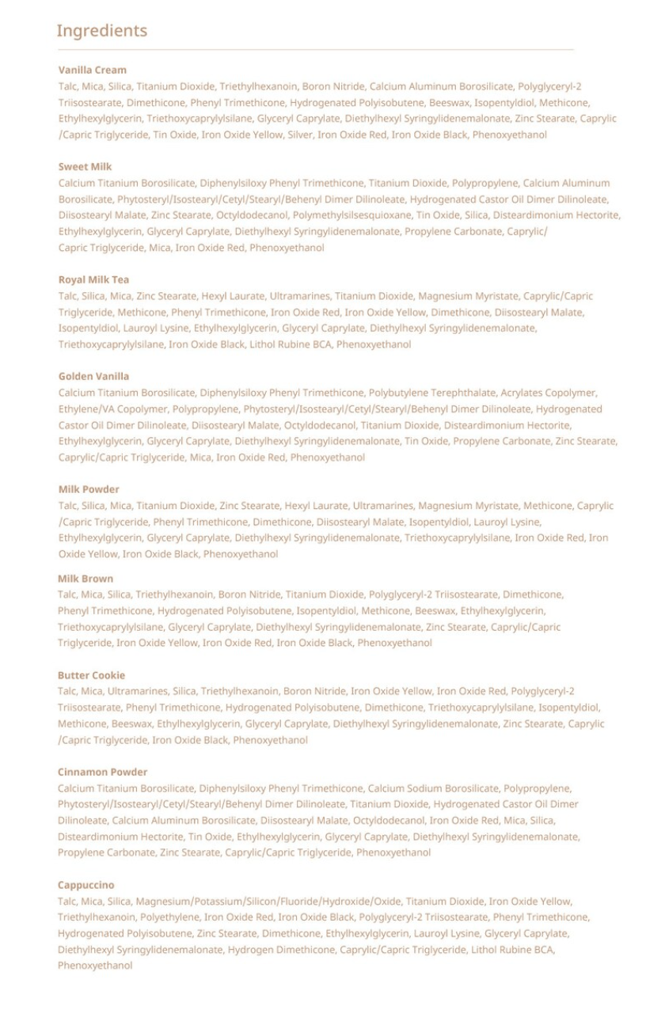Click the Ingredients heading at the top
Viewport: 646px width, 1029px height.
[101, 31]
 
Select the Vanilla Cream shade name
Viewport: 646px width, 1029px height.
[92, 70]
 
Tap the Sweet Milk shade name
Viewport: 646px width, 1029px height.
[85, 167]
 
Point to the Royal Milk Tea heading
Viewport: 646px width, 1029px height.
[93, 280]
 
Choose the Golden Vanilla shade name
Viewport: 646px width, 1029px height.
[93, 377]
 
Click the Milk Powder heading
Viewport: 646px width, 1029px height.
[89, 490]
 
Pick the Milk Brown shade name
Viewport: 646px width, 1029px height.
[85, 579]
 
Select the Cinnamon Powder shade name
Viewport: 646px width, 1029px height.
[102, 773]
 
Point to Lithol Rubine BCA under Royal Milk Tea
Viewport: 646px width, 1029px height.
[291, 344]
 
